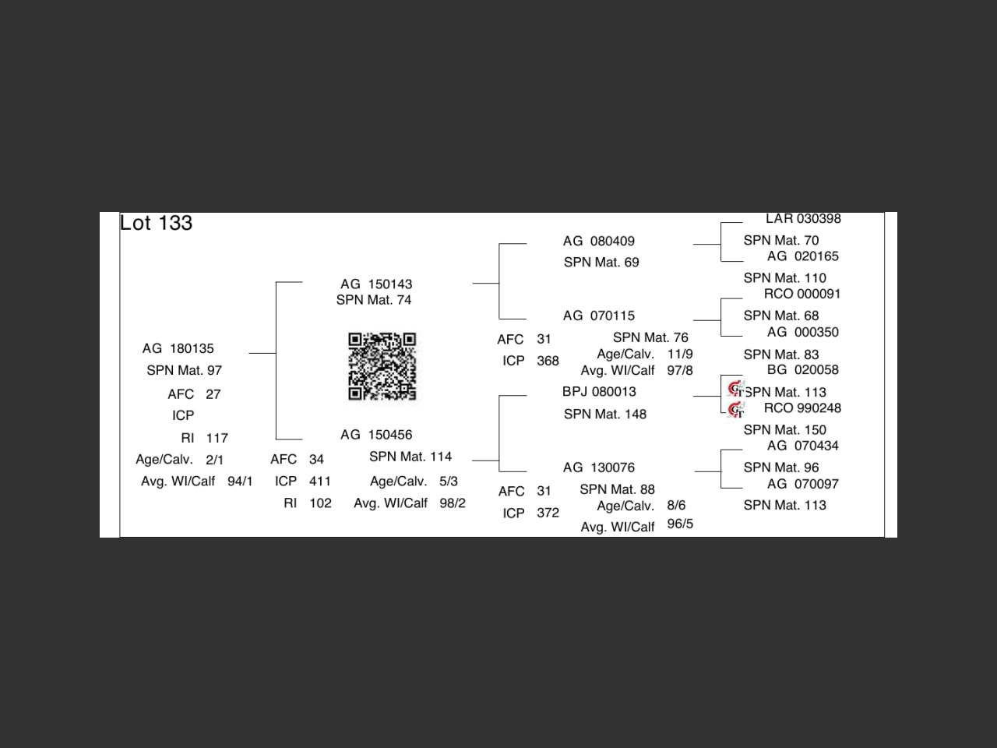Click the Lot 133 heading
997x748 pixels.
click(156, 223)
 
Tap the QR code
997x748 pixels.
click(382, 366)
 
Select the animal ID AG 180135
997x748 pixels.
click(178, 348)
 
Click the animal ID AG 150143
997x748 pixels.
click(376, 284)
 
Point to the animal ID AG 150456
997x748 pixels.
click(376, 435)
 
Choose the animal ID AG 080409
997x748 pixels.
click(598, 242)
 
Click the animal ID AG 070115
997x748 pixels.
click(598, 316)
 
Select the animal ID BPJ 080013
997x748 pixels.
click(599, 392)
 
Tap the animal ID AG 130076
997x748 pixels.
click(598, 467)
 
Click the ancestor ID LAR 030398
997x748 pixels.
click(803, 219)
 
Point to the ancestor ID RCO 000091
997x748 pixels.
click(802, 294)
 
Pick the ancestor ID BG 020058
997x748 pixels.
click(802, 370)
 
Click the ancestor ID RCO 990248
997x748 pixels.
click(802, 408)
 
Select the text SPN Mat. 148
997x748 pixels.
click(605, 415)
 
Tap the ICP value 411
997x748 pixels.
click(320, 482)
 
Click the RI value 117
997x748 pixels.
click(217, 438)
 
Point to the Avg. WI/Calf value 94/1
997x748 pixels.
click(240, 482)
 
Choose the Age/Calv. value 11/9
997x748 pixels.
click(680, 355)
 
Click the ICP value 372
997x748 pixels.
click(548, 513)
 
